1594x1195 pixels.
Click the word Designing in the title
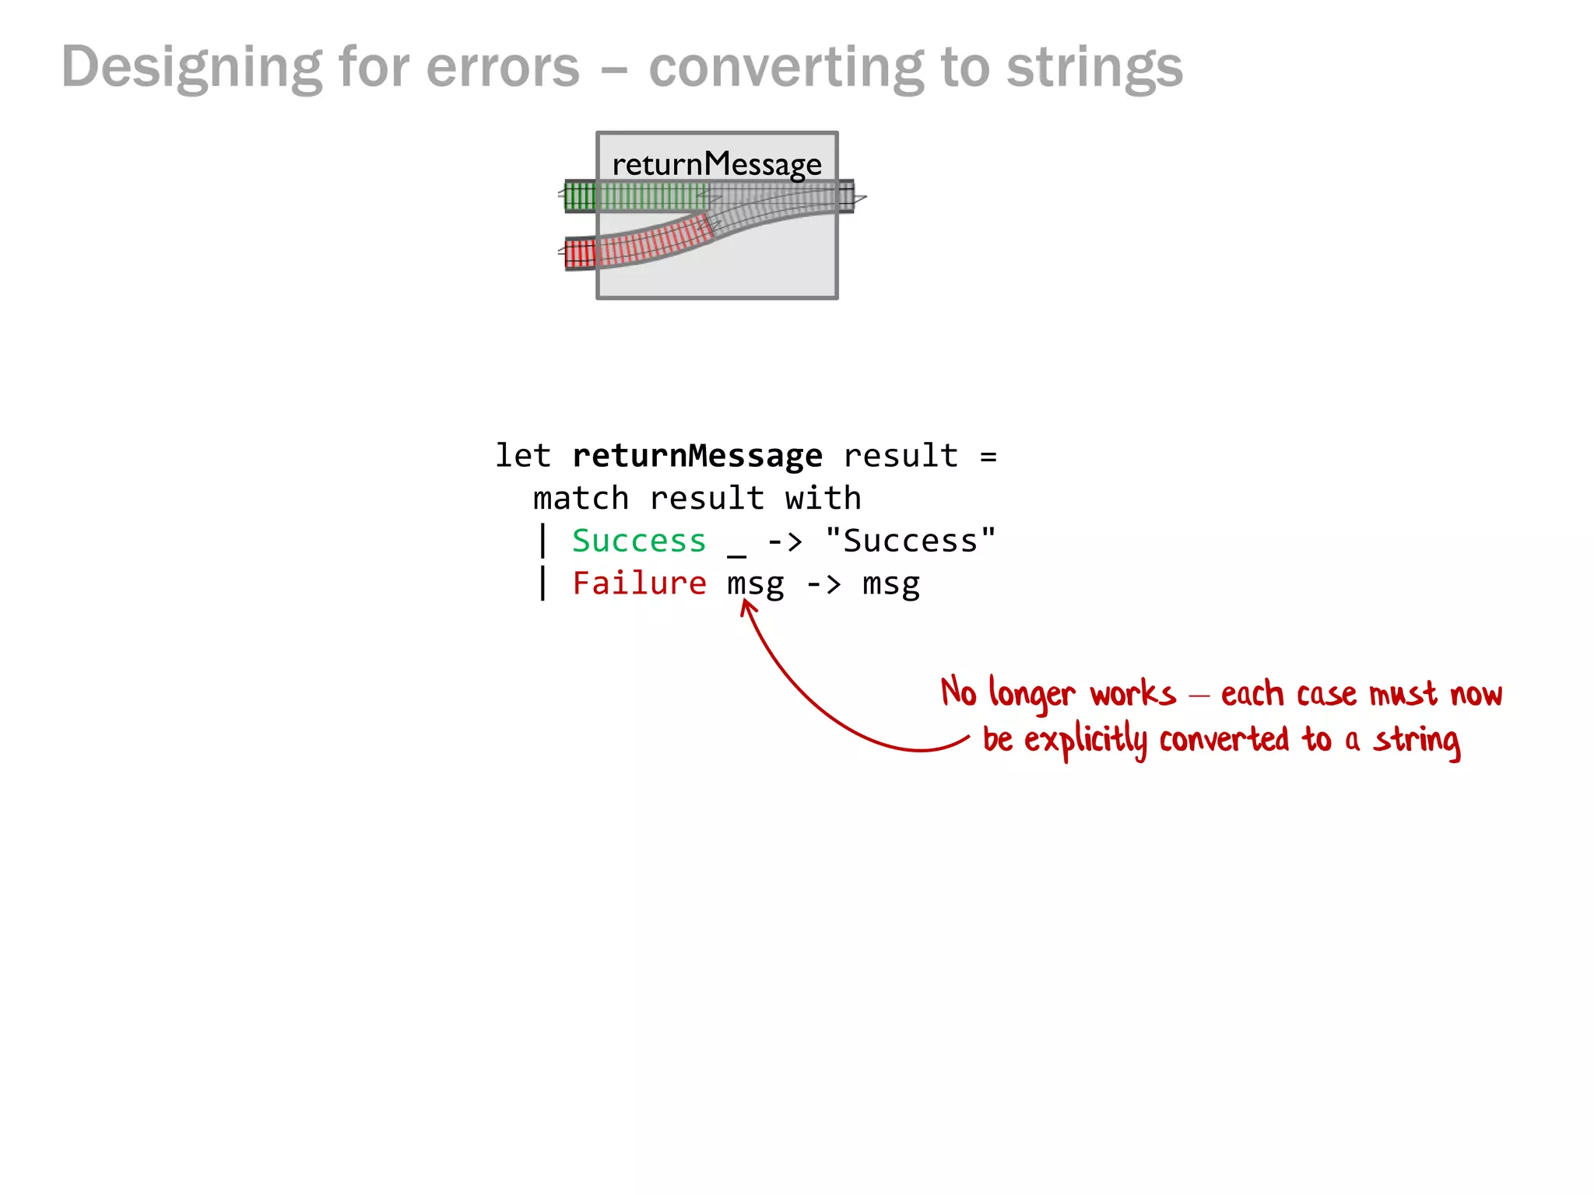tap(191, 68)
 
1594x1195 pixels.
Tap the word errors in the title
tap(503, 68)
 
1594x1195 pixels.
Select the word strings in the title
tap(1094, 68)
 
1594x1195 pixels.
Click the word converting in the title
tap(786, 68)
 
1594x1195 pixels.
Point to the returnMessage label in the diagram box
tap(716, 164)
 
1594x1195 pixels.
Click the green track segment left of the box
tap(580, 196)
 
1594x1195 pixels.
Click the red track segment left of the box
tap(580, 254)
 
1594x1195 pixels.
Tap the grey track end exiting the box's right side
tap(847, 196)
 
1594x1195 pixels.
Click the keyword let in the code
tap(522, 456)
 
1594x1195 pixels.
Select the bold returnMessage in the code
tap(697, 456)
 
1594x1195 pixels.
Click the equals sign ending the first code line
tap(988, 456)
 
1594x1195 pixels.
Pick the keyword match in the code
tap(581, 499)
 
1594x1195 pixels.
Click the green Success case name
tap(639, 541)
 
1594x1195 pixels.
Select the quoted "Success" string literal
tap(910, 541)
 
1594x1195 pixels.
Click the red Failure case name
tap(639, 583)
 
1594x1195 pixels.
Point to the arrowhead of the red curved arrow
tap(747, 605)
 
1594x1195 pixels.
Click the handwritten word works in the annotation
tap(1132, 694)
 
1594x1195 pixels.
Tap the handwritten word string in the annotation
tap(1417, 741)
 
